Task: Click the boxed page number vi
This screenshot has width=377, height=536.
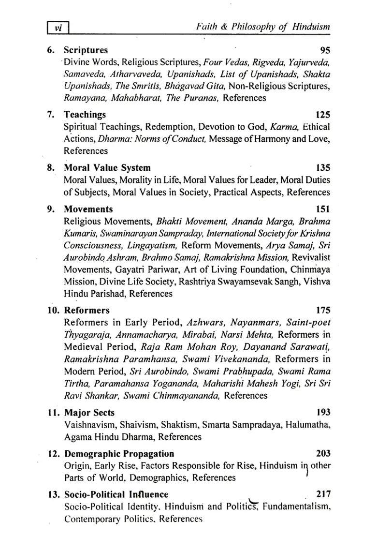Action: (58, 28)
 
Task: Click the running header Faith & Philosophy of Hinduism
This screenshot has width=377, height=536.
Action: (263, 27)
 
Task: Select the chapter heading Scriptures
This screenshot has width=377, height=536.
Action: (86, 50)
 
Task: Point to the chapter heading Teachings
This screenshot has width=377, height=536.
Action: (85, 115)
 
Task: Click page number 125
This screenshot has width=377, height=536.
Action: (322, 115)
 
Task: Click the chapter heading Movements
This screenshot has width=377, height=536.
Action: (88, 209)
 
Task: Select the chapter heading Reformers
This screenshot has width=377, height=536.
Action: (87, 310)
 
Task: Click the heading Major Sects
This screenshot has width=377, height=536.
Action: (89, 412)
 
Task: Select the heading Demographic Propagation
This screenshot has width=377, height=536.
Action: (119, 453)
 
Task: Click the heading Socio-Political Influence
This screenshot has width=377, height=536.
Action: (116, 494)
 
